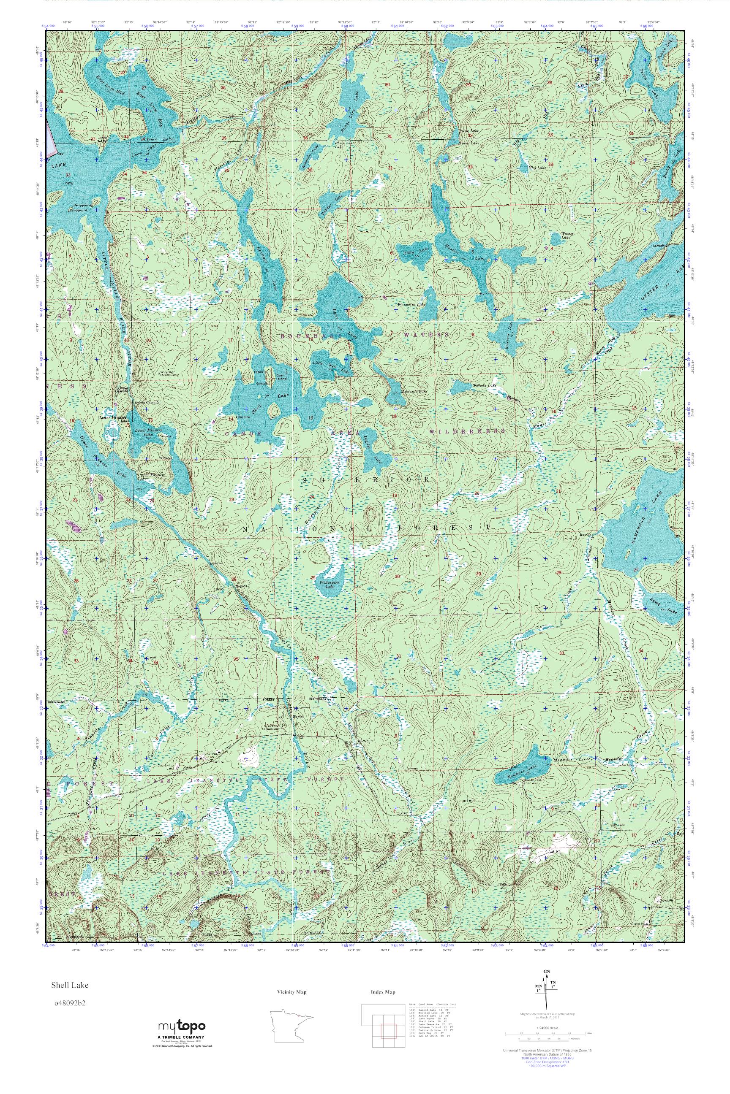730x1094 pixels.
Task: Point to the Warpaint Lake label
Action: [411, 304]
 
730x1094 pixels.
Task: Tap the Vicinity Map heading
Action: [291, 992]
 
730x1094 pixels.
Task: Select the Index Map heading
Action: [383, 992]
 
